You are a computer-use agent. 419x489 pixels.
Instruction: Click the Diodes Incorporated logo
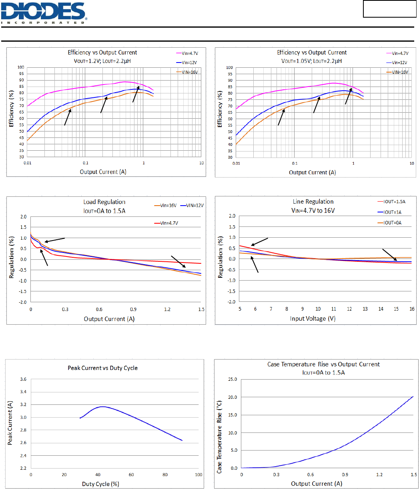(44, 13)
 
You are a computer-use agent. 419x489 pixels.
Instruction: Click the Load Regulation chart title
(104, 202)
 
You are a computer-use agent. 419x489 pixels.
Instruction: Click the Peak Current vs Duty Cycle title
(102, 368)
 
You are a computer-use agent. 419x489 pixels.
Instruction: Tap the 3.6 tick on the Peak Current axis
(23, 379)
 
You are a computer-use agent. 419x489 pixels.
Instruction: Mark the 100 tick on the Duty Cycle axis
(198, 475)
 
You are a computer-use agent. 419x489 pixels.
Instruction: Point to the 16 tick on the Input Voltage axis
(412, 309)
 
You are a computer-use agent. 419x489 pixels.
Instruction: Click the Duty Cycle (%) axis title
(100, 484)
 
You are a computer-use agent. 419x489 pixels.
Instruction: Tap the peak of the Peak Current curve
(102, 406)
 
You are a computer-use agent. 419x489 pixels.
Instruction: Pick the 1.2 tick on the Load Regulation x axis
(167, 309)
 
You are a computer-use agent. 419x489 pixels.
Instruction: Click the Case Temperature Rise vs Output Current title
(323, 364)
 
